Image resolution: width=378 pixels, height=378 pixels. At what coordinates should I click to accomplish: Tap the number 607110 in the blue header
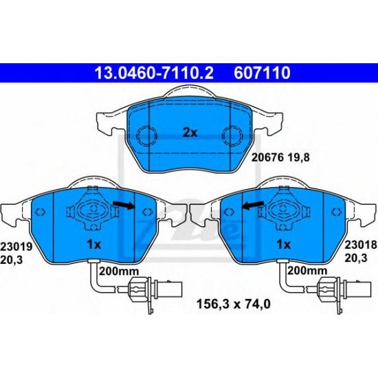pyautogui.click(x=263, y=71)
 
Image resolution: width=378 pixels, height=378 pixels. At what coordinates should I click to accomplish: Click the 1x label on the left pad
pyautogui.click(x=94, y=244)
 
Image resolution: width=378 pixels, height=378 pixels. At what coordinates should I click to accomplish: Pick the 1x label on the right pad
pyautogui.click(x=282, y=244)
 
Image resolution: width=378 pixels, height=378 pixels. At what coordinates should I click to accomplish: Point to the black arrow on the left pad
pyautogui.click(x=124, y=205)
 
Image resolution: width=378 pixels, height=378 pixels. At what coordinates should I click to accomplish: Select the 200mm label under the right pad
pyautogui.click(x=304, y=271)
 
